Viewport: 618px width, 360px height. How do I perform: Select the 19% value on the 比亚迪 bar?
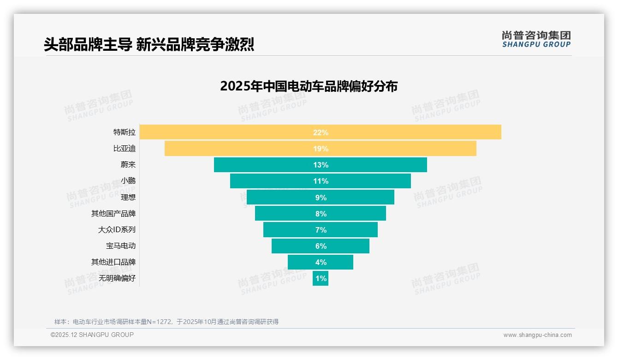coord(321,149)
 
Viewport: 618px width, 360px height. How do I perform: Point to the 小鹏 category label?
coord(128,181)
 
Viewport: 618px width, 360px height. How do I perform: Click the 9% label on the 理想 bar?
coord(321,198)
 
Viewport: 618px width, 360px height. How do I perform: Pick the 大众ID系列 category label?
coord(117,229)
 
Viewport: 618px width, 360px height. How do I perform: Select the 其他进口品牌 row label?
coord(113,262)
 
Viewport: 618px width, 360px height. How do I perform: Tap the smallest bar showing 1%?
coord(321,278)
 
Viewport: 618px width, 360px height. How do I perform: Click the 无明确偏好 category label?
coord(117,278)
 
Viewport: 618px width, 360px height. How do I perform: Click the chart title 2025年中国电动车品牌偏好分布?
coord(309,86)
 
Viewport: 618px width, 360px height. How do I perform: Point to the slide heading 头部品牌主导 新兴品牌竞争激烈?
coord(149,44)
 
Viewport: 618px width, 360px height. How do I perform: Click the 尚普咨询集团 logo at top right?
coord(536,39)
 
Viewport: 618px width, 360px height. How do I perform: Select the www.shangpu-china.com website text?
coord(537,335)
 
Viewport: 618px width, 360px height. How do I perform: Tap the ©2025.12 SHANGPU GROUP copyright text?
coord(92,335)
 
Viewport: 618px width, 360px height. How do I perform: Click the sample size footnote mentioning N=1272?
coord(166,322)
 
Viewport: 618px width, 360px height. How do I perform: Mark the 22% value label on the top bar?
coord(321,132)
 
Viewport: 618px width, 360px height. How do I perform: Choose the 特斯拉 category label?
coord(125,132)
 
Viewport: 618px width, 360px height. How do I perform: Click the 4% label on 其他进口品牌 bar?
coord(321,262)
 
